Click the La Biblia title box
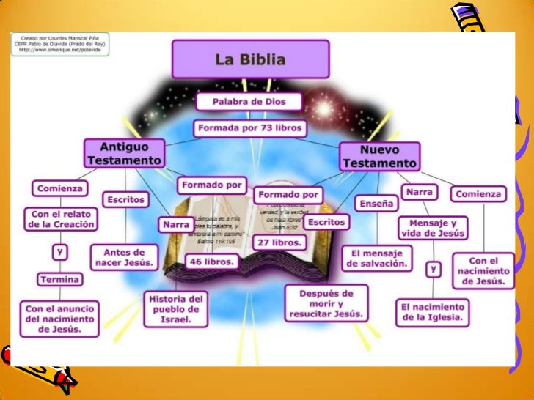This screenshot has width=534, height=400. (250, 59)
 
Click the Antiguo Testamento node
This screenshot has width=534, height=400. (123, 153)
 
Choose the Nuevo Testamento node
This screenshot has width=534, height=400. (379, 157)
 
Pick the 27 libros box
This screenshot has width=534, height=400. (278, 242)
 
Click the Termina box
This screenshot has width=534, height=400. (60, 279)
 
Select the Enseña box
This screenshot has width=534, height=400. (376, 203)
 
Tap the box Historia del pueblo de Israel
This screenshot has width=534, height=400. (175, 309)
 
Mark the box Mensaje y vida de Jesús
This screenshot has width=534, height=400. (433, 228)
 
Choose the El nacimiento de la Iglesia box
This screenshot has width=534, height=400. (432, 311)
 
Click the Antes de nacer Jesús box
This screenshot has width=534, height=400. (123, 256)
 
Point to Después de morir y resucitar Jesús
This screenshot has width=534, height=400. (326, 303)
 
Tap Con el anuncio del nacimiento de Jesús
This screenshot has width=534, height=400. (60, 319)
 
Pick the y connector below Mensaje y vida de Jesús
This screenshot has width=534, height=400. (434, 269)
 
